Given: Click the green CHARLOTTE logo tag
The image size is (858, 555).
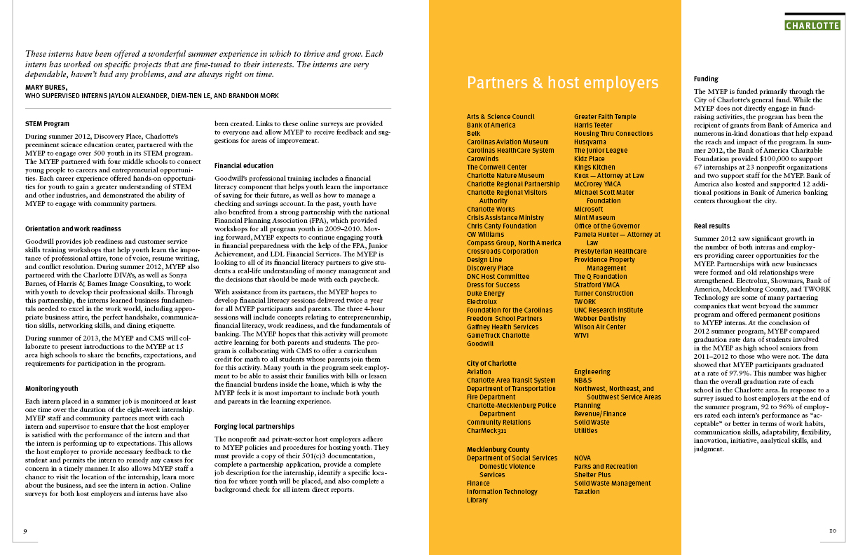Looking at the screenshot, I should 812,26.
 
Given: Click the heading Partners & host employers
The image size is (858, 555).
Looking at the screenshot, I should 562,83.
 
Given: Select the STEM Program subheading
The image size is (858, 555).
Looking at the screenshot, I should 48,124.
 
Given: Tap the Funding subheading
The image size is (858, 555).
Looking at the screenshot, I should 706,79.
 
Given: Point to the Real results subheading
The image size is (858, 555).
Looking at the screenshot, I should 711,226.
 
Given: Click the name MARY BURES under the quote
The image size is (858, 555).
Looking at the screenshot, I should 46,87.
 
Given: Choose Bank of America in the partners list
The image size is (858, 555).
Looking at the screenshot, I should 491,125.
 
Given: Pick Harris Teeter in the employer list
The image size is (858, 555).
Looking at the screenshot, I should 592,125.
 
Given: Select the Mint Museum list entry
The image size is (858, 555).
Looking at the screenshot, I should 594,218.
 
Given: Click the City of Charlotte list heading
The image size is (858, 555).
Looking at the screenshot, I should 491,364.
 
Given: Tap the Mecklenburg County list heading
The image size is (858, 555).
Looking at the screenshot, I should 498,450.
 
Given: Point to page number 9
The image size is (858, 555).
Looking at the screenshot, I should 25,530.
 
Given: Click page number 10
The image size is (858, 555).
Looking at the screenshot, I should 832,530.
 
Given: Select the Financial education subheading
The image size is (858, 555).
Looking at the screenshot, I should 244,166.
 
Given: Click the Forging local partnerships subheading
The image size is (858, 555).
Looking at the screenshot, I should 254,426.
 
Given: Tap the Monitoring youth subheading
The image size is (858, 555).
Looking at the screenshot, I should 52,388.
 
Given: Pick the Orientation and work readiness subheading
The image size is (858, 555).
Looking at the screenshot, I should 73,228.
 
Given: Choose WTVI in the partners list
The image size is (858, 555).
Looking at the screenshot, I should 582,336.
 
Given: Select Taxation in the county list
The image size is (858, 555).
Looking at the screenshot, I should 587,492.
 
